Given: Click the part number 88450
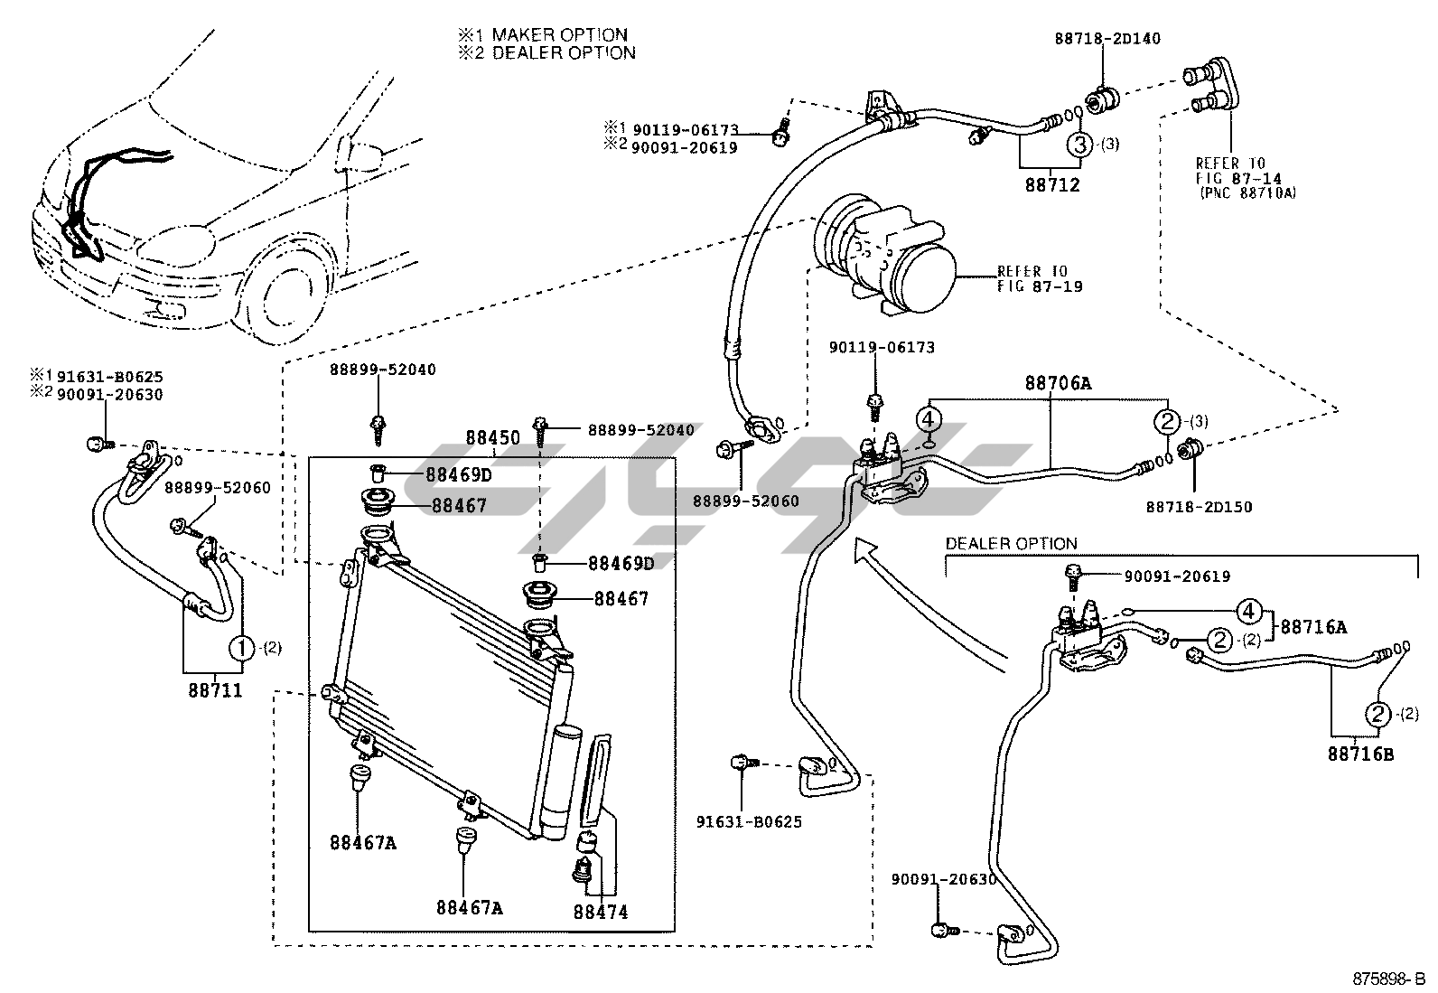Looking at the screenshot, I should click(492, 438).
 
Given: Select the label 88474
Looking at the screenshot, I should click(600, 913).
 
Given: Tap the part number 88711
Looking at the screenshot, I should click(216, 690).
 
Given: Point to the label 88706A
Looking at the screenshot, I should click(1058, 383).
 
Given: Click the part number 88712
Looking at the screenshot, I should click(1051, 185).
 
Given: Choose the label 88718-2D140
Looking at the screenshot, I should click(1107, 39).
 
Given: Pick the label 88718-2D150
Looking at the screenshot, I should click(1200, 507).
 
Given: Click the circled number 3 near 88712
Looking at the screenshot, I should click(1080, 144).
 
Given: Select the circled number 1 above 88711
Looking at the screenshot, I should click(242, 647).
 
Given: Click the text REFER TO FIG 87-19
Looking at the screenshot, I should click(1039, 278).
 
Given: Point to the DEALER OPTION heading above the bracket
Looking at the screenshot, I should click(1011, 543).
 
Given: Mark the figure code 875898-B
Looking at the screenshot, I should click(1387, 979).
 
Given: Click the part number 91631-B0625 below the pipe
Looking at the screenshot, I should click(749, 821).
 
